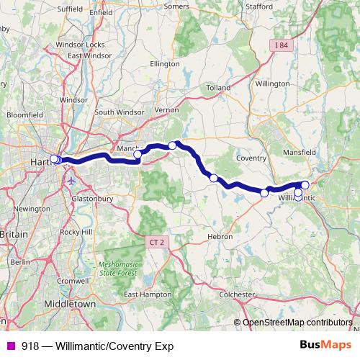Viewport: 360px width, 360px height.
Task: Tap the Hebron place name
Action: click(220, 236)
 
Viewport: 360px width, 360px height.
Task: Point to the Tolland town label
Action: click(217, 88)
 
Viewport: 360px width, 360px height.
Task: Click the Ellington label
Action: click(163, 63)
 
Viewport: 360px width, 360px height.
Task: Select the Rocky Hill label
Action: click(76, 232)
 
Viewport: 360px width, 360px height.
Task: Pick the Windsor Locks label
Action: click(80, 45)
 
